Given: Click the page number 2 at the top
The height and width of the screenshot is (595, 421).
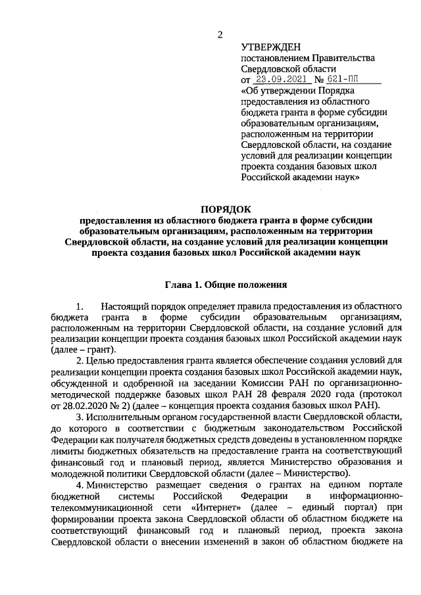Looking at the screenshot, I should click(x=220, y=34).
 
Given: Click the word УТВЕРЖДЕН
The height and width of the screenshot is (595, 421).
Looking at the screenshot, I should click(x=270, y=47).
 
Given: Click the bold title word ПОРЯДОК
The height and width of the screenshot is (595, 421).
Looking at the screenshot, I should click(x=226, y=208).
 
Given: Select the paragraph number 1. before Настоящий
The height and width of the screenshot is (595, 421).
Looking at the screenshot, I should click(x=81, y=307).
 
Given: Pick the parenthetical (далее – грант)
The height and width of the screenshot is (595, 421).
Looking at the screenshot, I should click(x=84, y=350).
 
